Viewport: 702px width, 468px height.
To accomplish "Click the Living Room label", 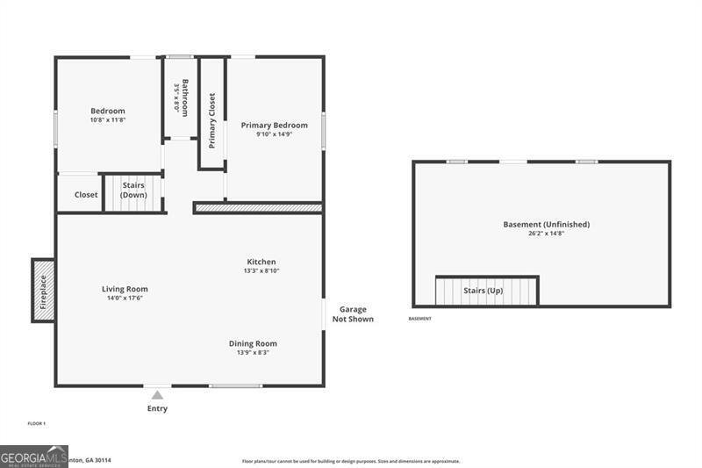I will [125, 289].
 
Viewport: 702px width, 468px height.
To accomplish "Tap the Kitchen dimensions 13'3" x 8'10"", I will [261, 270].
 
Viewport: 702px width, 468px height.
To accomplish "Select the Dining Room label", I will [253, 343].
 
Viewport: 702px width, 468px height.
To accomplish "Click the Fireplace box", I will [44, 291].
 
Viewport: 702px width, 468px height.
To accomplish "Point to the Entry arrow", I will [157, 395].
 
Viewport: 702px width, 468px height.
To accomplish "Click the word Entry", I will [157, 408].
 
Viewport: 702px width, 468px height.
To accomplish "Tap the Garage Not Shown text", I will [353, 314].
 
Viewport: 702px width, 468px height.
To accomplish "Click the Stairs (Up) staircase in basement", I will [485, 291].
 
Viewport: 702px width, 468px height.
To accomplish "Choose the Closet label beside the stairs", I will [86, 195].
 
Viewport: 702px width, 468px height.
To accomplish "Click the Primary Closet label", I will [211, 119].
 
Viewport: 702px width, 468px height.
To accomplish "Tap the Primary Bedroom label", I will [275, 126].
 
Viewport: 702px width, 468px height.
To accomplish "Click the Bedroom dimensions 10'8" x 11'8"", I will [108, 119].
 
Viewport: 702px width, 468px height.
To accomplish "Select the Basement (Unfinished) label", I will [546, 224].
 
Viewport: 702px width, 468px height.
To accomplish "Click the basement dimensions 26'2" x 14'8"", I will [546, 234].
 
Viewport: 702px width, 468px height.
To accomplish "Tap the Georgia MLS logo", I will [34, 457].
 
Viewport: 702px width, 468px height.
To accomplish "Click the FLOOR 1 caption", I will [36, 424].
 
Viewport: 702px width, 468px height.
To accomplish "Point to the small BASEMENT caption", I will [420, 319].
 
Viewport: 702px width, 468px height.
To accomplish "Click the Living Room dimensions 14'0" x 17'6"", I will [125, 299].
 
